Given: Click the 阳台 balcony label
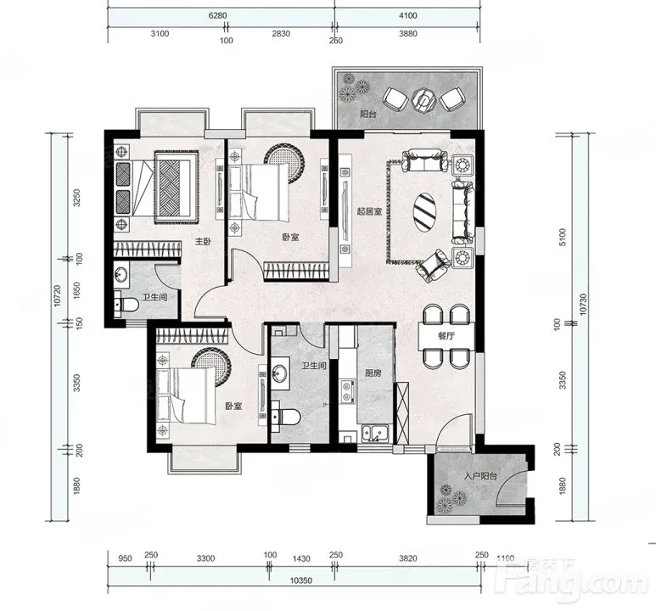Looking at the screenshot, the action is (x=368, y=114).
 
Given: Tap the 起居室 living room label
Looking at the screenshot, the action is (x=369, y=211).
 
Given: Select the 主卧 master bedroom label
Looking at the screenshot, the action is (x=204, y=242).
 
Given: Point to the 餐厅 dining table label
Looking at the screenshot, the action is (x=446, y=336).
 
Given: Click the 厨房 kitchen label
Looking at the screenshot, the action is (x=373, y=373).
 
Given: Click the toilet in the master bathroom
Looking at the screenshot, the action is (x=126, y=305).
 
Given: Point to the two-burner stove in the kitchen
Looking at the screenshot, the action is (x=346, y=391).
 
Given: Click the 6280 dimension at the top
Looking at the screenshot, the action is (x=217, y=15).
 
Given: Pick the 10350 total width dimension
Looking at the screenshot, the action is (x=301, y=580).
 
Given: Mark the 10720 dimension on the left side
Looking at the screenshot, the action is (x=58, y=296).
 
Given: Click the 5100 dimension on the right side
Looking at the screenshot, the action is (x=563, y=237).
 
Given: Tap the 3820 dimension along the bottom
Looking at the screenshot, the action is (x=408, y=558).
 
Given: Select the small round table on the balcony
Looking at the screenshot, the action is (x=423, y=100).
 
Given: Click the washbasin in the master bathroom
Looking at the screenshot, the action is (x=121, y=275).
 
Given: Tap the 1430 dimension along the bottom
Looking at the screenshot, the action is (x=301, y=558).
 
